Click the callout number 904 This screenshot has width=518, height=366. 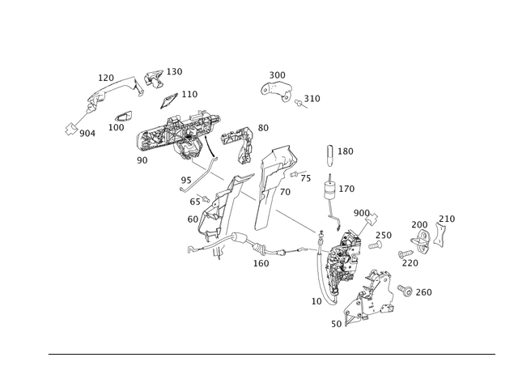[x=87, y=134]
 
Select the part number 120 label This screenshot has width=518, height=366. [x=106, y=78]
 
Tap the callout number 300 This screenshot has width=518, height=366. [x=277, y=75]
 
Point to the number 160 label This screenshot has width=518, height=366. [x=261, y=263]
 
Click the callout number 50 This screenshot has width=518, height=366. [x=337, y=324]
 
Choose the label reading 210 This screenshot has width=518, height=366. [x=447, y=219]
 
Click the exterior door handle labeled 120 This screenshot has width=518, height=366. [x=116, y=91]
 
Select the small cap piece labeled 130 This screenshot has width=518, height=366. [x=154, y=79]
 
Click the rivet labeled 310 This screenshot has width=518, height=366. [x=300, y=104]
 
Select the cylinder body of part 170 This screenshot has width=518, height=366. [x=330, y=191]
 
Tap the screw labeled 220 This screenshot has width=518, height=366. [x=405, y=254]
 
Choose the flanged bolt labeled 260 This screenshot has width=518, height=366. [x=405, y=290]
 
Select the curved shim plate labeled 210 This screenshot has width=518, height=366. [x=439, y=234]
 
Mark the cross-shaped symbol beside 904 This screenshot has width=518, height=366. [x=71, y=129]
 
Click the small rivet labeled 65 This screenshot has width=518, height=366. [x=204, y=198]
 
